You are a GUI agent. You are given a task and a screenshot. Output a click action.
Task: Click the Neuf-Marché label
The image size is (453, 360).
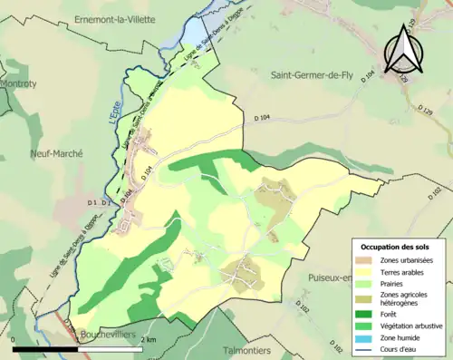point(54,154)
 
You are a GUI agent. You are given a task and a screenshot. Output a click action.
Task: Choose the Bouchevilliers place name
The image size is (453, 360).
point(107,334)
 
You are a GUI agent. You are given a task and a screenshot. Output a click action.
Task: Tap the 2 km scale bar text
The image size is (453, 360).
point(152,339)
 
